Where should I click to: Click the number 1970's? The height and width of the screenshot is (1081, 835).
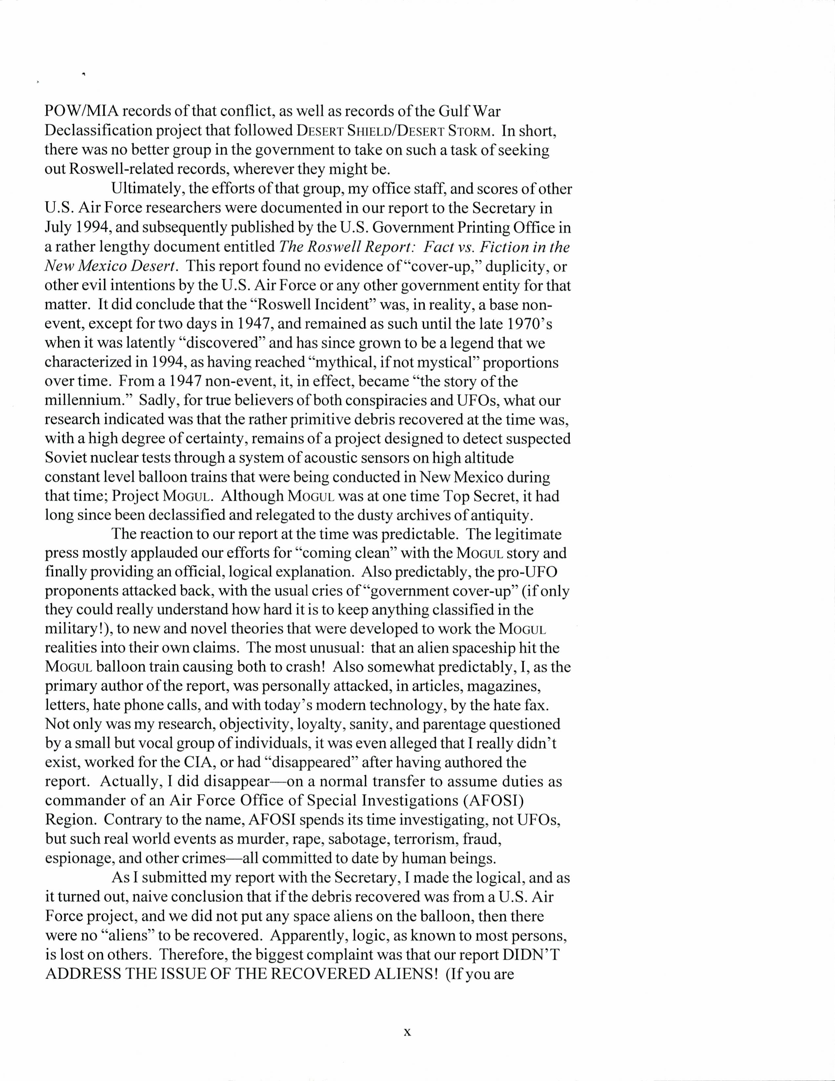[524, 324]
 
